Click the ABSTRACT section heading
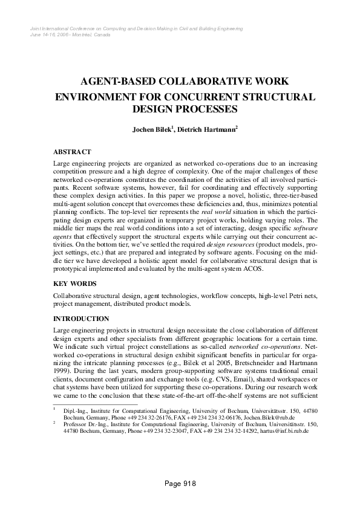[x=72, y=152]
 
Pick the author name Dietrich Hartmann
[x=209, y=129]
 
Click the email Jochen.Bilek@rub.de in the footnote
[x=288, y=417]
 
